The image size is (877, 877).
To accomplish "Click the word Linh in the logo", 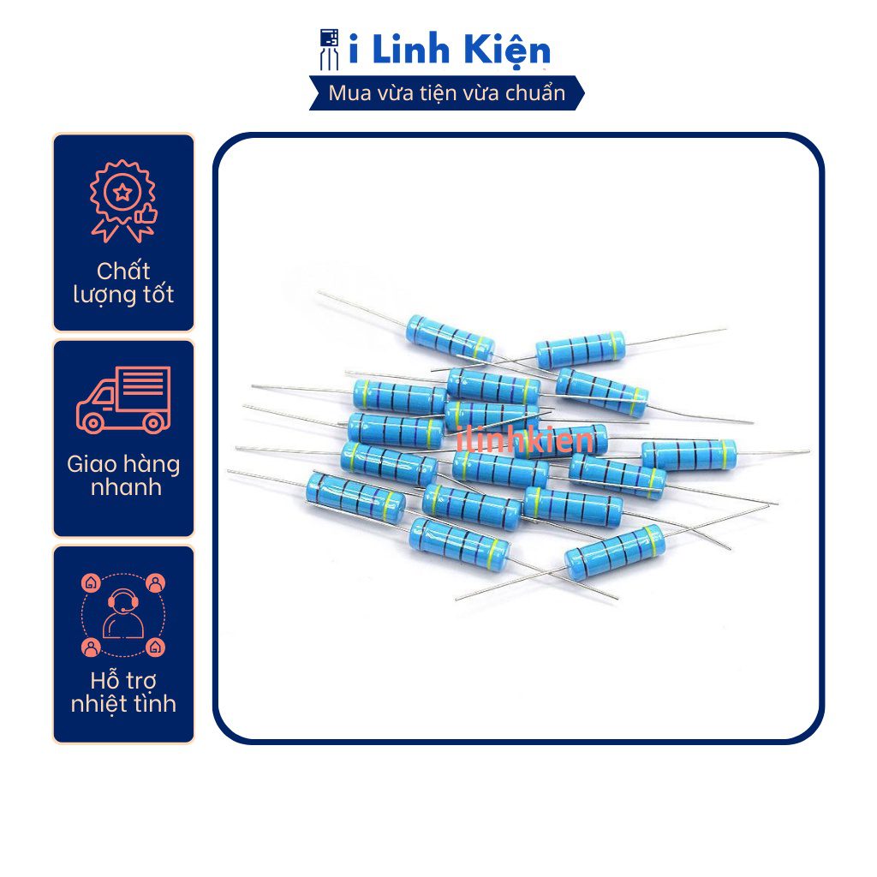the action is point(410,49).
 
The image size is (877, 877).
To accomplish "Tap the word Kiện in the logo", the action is point(507,51).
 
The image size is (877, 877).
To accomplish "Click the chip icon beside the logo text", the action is point(329,50).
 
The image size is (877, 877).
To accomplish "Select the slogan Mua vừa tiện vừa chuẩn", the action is point(446,92).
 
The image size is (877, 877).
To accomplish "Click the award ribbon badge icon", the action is point(123,201).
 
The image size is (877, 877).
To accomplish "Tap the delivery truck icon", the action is point(123,400).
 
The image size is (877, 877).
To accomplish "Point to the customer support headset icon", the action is point(123,614).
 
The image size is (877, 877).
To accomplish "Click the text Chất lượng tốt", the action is point(123,283).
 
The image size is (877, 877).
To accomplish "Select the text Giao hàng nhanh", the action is point(123,475).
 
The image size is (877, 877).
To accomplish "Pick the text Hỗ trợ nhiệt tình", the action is point(123,692).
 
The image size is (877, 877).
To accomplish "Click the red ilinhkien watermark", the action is point(525,439).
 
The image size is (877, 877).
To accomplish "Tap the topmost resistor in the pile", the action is point(450,337).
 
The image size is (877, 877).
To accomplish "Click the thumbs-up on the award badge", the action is point(146,215).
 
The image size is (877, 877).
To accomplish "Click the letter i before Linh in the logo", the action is point(354,49).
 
